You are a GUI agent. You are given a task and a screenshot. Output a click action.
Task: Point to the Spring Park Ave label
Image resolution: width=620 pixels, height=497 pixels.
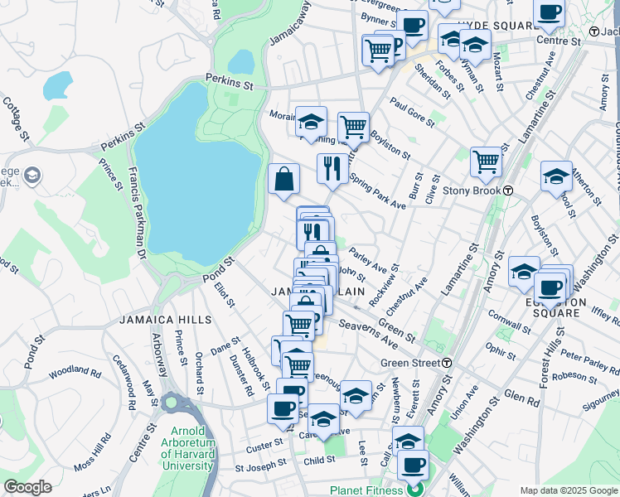377,191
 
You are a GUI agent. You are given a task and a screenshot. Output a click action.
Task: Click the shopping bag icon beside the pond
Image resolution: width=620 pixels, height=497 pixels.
283,180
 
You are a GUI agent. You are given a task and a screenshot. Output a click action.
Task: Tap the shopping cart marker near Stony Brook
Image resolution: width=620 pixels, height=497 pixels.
486,162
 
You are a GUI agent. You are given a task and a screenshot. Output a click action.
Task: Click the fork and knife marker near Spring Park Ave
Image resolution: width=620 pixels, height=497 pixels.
332,168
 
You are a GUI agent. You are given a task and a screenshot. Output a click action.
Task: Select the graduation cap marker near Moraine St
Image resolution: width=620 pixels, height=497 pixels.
311,123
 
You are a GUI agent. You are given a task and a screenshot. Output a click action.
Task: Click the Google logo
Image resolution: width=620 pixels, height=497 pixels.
27,487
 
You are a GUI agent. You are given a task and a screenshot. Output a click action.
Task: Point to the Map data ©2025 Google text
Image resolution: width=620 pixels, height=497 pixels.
568,490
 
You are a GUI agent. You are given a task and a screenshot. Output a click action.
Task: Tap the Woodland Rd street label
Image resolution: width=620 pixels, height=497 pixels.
75,373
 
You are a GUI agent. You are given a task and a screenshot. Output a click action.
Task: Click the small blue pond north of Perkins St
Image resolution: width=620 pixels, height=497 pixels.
240,61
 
